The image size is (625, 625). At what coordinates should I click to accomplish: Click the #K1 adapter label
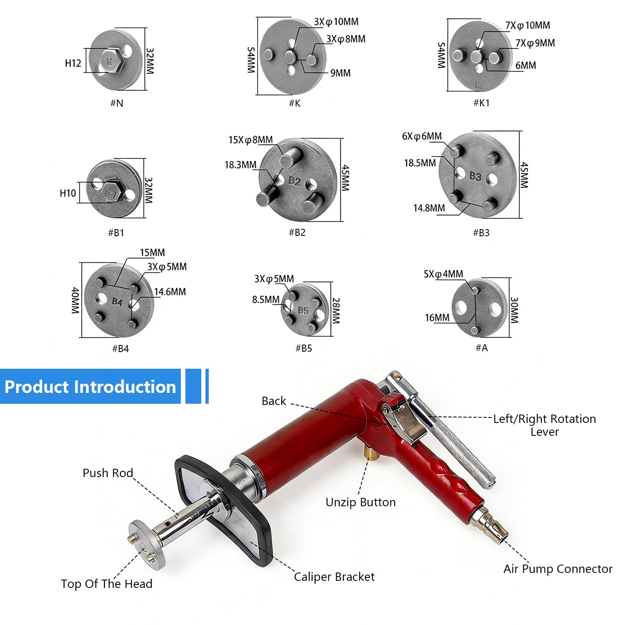click(x=481, y=103)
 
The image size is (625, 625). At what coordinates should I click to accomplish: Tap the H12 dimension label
click(x=73, y=63)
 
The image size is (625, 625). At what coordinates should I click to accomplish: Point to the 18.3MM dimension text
click(x=240, y=165)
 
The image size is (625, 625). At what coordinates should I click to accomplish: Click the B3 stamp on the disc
click(x=475, y=176)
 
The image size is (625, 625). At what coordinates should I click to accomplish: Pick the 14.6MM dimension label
click(x=170, y=292)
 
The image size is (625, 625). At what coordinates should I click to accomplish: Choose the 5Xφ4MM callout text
click(x=443, y=274)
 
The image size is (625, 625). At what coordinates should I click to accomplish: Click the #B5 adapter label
click(x=304, y=348)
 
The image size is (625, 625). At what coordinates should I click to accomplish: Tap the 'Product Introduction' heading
click(x=90, y=387)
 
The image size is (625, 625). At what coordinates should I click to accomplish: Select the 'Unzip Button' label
click(x=360, y=502)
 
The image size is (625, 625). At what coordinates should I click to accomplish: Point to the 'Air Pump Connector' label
click(x=558, y=569)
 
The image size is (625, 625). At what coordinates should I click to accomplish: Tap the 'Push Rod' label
click(x=108, y=473)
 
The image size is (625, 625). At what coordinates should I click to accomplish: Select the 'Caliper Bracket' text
click(x=334, y=577)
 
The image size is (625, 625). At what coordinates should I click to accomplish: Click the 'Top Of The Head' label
click(x=107, y=584)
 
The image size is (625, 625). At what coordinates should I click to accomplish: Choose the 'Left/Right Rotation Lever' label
click(x=545, y=425)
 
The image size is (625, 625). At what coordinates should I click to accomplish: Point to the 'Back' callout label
click(x=274, y=401)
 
